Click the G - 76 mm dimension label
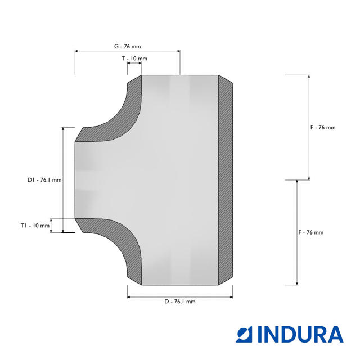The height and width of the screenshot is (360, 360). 128,46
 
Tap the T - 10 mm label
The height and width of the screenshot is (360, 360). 134,58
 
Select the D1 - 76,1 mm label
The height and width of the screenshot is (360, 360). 44,180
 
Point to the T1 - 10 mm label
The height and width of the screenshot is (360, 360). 35,226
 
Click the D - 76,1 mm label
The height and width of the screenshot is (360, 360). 180,301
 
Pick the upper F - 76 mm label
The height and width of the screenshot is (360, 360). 323,128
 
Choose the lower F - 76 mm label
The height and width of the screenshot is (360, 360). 311,232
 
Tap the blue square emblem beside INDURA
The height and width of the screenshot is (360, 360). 244,334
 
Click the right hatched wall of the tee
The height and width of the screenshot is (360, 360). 226,180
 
